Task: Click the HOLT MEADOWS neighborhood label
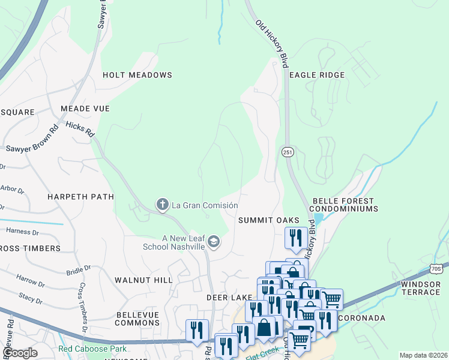137,75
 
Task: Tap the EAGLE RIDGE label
317,75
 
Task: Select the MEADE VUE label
85,109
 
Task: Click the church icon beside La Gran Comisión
162,205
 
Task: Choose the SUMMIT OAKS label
268,220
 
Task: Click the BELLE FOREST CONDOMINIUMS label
344,205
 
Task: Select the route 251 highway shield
288,153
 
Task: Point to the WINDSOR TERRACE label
421,287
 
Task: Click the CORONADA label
362,317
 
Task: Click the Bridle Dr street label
79,270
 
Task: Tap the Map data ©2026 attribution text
423,355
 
